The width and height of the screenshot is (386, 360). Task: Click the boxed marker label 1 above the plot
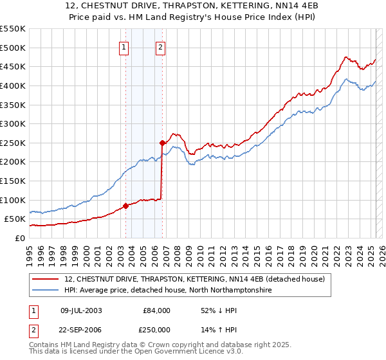point(123,46)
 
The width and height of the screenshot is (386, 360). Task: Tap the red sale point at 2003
point(125,206)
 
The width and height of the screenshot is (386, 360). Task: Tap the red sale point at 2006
point(162,143)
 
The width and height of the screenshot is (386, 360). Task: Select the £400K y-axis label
point(13,85)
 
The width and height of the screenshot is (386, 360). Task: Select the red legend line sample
point(45,279)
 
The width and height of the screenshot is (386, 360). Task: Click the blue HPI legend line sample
point(45,291)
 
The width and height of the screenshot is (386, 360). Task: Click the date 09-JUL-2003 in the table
point(81,310)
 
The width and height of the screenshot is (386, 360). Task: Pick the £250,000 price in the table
point(156,329)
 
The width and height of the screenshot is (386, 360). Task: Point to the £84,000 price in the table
point(156,310)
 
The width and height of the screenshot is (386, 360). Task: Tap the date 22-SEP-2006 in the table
point(81,329)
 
